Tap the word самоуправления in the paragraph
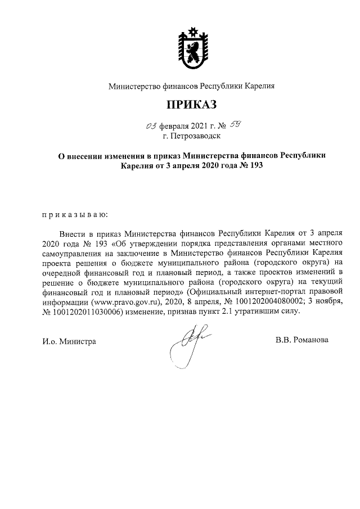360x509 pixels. click(71, 252)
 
